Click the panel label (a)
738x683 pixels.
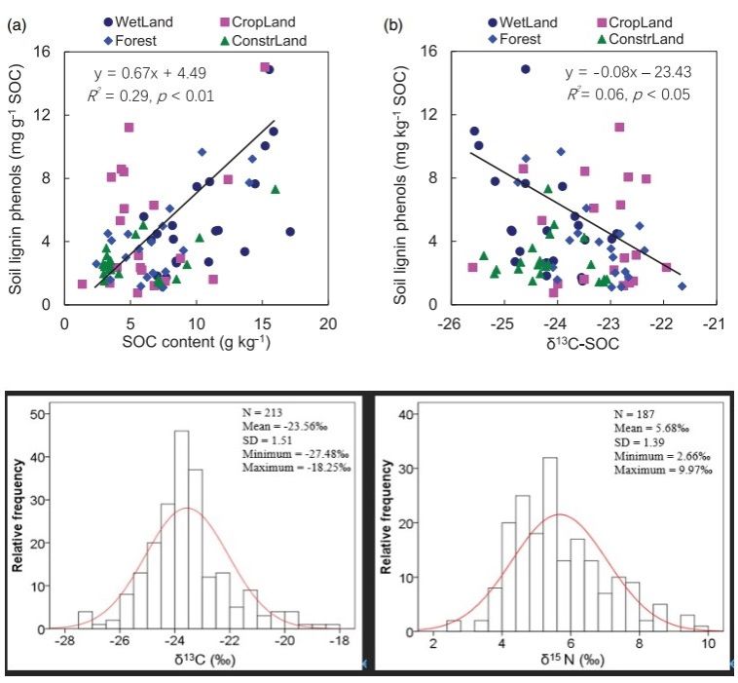pyautogui.click(x=17, y=26)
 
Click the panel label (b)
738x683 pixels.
pyautogui.click(x=393, y=25)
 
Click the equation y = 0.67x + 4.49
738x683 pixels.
pyautogui.click(x=150, y=73)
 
